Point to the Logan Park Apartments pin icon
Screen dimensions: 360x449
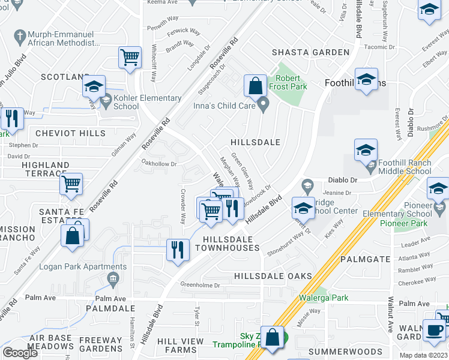(112, 278)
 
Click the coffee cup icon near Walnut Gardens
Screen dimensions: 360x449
(433, 329)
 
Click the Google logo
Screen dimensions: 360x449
(20, 352)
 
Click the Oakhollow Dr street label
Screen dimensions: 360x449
(158, 163)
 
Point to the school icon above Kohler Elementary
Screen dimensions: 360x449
(94, 86)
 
